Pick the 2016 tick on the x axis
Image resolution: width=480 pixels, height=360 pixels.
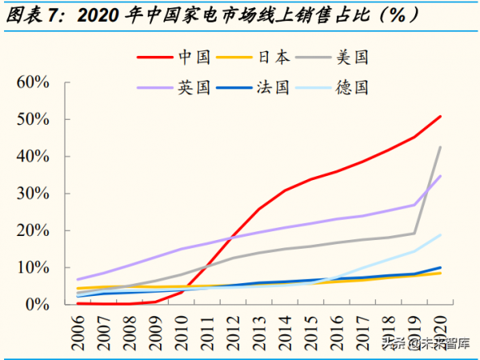[337, 329]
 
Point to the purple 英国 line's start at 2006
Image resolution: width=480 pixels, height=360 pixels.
[77, 279]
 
